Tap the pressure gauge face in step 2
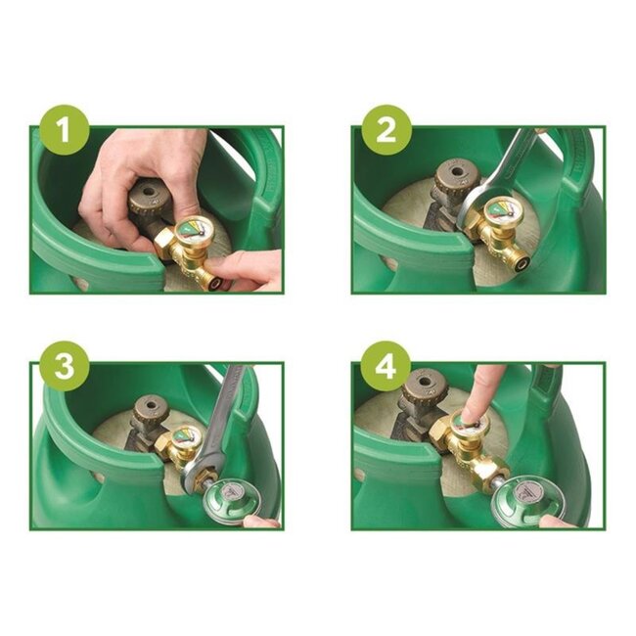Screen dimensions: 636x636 [x=501, y=211]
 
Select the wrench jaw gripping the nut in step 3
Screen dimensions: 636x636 [x=195, y=475]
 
